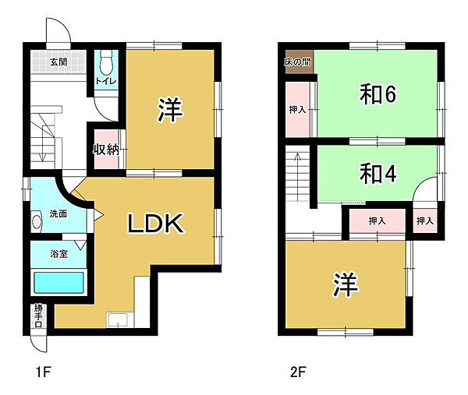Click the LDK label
(155, 224)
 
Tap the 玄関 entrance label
(58, 62)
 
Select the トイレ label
(105, 81)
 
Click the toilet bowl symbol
(107, 60)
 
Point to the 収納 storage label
(106, 150)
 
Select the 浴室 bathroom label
(58, 254)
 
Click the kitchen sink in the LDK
(119, 319)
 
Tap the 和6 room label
(378, 94)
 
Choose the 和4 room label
(378, 172)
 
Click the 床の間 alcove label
(299, 61)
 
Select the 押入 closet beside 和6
(298, 110)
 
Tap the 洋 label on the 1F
(170, 110)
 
